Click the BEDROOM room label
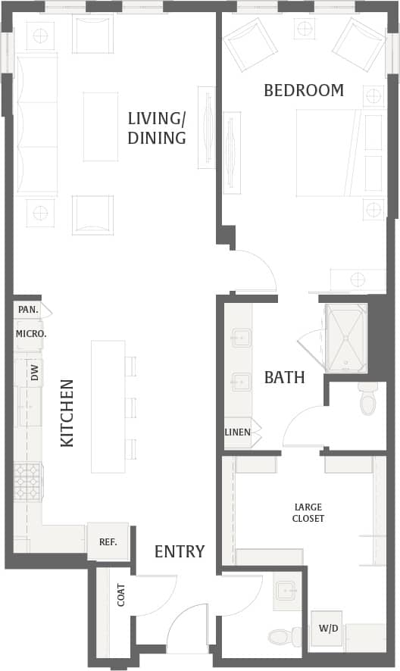pos(303,91)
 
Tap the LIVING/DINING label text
pos(157,128)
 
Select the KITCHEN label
pos(67,413)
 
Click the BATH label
pos(284,377)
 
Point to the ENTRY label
pos(180,551)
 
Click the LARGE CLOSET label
pos(308,513)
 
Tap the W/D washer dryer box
pos(326,628)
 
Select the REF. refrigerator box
pos(108,541)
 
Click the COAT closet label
pos(121,595)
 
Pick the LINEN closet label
pos(237,432)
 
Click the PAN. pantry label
pos(28,310)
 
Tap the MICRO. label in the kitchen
pos(31,333)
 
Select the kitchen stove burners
pos(29,482)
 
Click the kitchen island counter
pos(108,406)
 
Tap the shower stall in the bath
pos(346,338)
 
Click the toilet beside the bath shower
pos(367,399)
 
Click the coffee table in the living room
pos(101,126)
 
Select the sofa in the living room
pos(36,125)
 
